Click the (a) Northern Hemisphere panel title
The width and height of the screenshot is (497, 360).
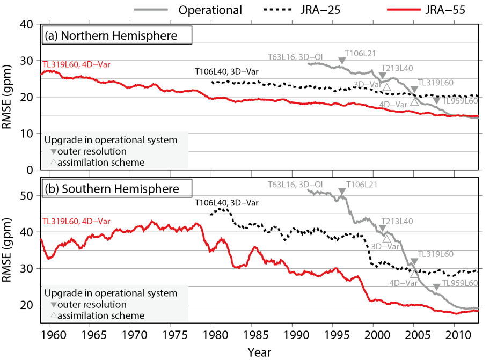coord(117,36)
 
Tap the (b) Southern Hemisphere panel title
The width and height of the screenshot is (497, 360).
coord(117,189)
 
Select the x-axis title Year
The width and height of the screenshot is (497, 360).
coord(259,352)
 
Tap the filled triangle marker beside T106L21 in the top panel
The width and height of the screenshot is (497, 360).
coord(342,61)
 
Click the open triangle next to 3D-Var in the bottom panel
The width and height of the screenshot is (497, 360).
coord(386,239)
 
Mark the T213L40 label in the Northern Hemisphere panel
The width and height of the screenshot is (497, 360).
coord(397,68)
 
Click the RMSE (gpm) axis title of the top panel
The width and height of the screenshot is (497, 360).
coord(9,97)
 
